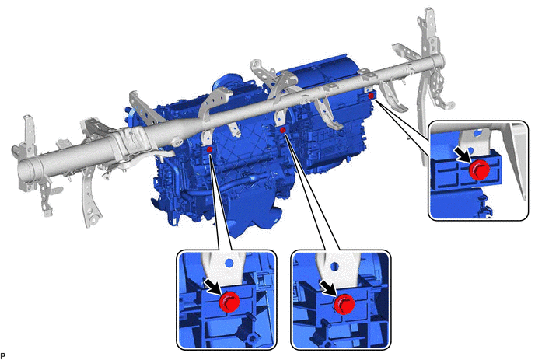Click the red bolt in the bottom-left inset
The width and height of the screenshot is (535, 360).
[229, 302]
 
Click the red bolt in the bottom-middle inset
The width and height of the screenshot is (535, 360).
[344, 303]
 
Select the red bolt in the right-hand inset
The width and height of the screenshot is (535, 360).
[479, 170]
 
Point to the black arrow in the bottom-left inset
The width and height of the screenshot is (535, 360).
[213, 286]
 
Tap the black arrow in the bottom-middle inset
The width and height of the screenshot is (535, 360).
[328, 288]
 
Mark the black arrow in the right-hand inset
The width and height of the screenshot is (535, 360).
[463, 154]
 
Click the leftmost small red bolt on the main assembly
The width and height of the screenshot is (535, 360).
[209, 150]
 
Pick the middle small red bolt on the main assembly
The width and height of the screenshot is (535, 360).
[282, 130]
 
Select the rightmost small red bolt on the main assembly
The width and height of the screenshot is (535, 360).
[371, 96]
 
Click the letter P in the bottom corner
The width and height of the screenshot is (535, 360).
[3, 356]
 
